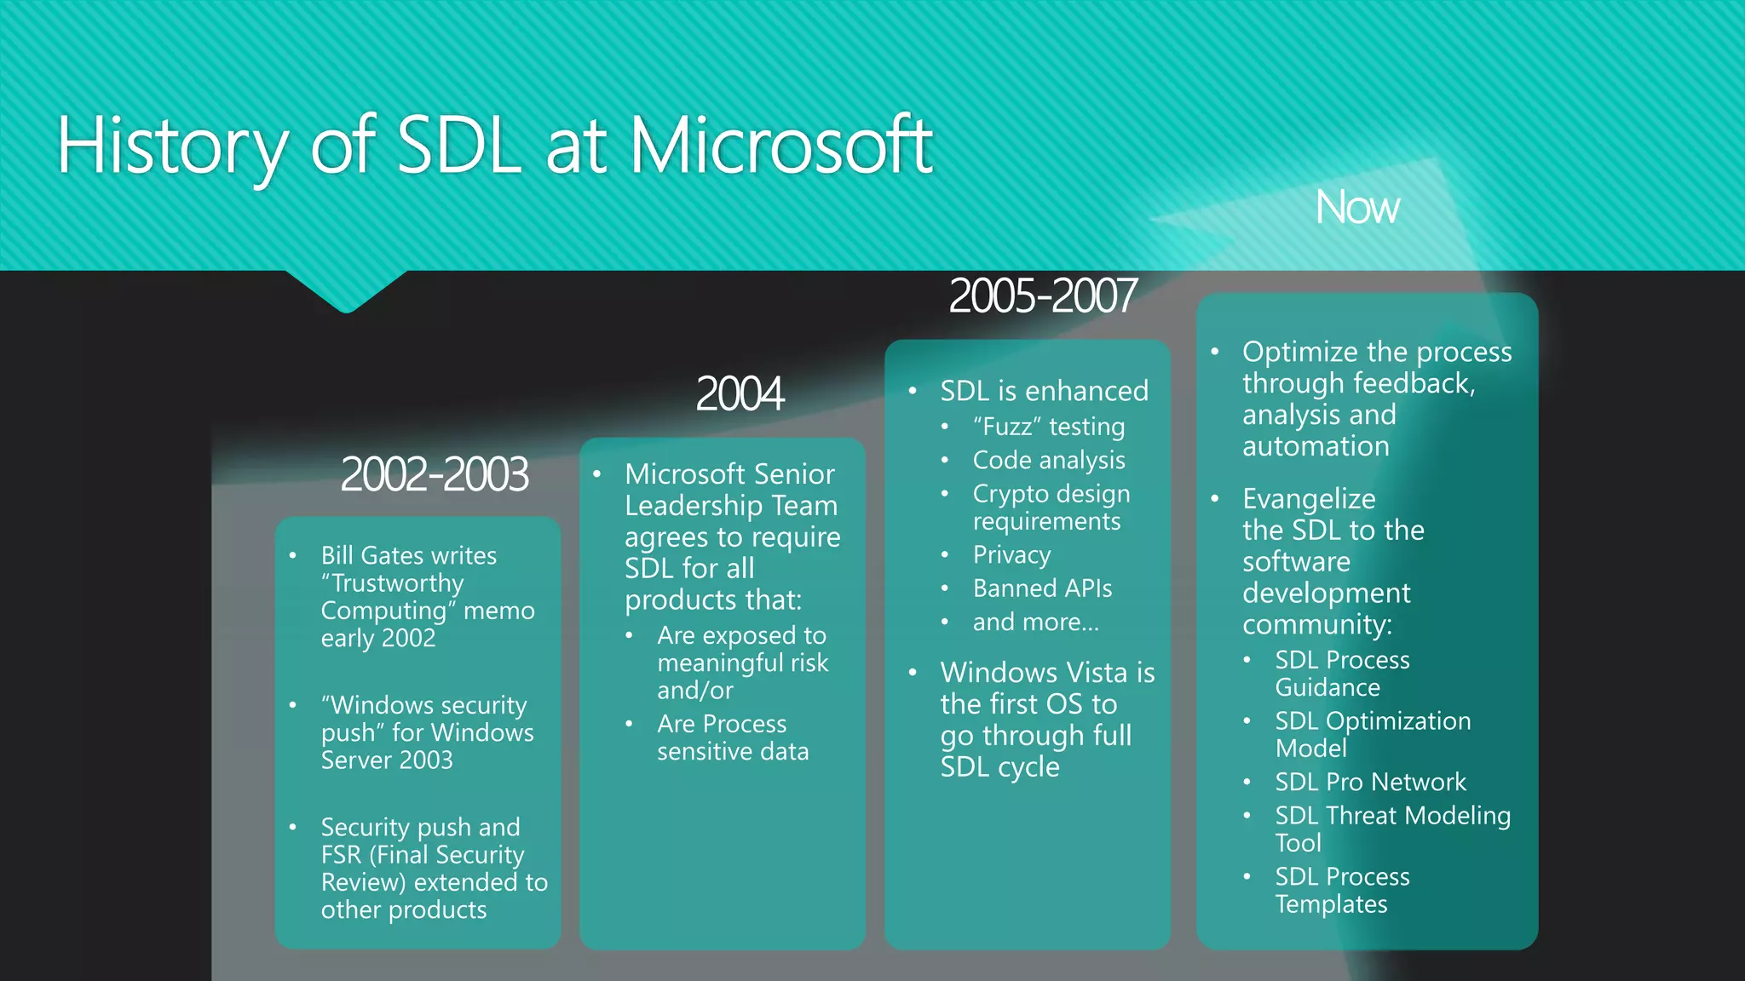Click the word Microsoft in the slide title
click(780, 146)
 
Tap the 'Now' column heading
click(1356, 208)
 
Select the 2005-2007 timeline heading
click(1042, 296)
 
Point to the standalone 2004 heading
click(739, 394)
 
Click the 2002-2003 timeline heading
click(434, 474)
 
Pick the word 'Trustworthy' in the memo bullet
click(397, 583)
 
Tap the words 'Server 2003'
click(387, 760)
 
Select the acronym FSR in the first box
click(341, 855)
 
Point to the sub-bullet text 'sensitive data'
click(733, 752)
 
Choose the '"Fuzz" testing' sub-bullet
click(1049, 427)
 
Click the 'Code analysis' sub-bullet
click(1049, 461)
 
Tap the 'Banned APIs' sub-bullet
click(1042, 588)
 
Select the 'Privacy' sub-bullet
click(1011, 555)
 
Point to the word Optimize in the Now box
click(1300, 352)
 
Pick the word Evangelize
click(1309, 499)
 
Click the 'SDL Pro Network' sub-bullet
click(1370, 782)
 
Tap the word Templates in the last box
click(1331, 904)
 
